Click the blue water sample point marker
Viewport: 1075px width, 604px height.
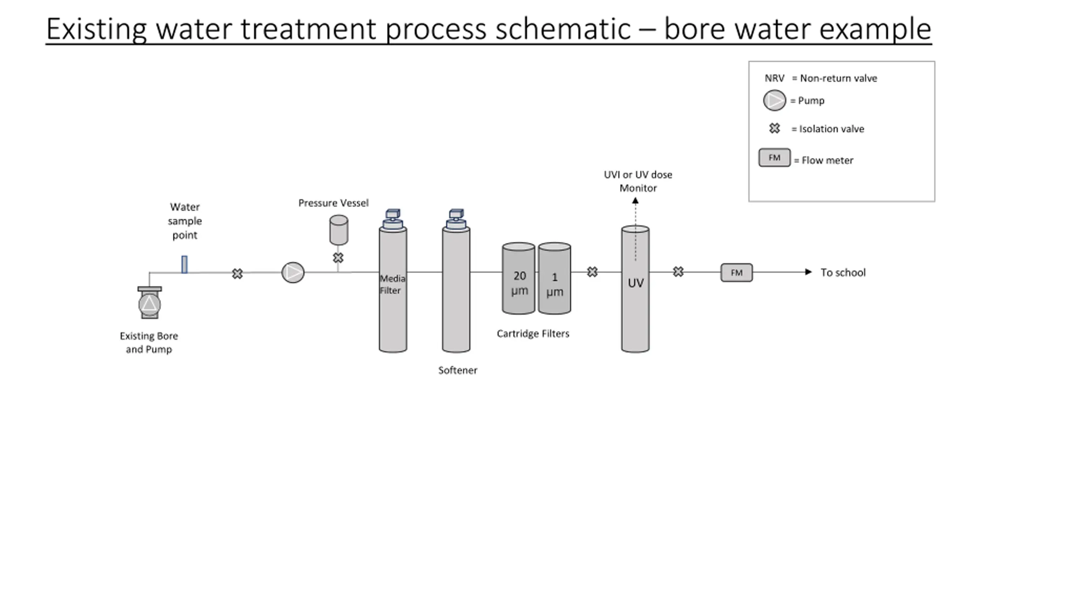coord(184,265)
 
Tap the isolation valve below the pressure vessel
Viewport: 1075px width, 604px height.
coord(338,258)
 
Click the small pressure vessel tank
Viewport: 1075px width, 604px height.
coord(339,230)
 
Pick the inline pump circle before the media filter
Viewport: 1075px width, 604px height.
coord(293,273)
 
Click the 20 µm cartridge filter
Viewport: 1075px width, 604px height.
coord(519,278)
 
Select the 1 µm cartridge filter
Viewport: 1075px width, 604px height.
coord(555,278)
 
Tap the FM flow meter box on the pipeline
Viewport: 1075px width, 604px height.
coord(737,273)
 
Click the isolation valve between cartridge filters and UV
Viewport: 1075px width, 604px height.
coord(593,272)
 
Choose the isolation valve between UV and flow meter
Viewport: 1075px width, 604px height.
coord(678,272)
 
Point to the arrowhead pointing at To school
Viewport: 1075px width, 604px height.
coord(808,272)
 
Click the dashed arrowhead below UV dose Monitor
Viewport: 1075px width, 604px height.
coord(635,201)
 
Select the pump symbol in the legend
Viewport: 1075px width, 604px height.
coord(774,100)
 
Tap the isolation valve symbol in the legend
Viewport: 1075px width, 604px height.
coord(775,128)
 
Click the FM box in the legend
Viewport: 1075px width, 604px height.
coord(774,158)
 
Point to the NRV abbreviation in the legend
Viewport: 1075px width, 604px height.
coord(774,78)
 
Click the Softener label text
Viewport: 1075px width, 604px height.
coord(458,370)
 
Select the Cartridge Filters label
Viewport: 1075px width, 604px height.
coord(533,334)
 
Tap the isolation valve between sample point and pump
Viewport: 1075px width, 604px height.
coord(237,274)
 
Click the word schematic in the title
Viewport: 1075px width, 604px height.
coord(563,29)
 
